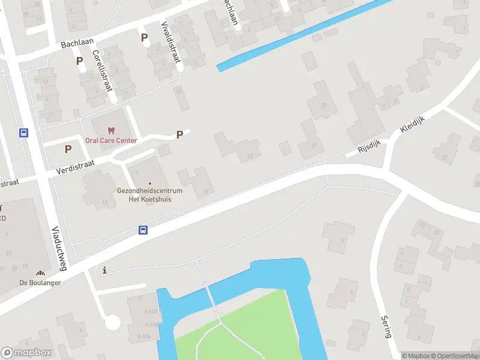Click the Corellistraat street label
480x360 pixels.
point(103,70)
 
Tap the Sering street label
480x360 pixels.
point(386,326)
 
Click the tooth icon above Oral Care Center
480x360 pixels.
point(110,130)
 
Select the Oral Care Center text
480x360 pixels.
point(111,140)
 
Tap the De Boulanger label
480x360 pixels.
point(40,283)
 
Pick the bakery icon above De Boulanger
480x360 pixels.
point(41,273)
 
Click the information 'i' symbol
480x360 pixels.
point(106,271)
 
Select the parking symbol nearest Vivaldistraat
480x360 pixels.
point(144,38)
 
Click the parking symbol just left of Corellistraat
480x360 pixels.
point(79,61)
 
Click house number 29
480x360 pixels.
point(324,106)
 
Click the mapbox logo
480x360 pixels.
point(26,353)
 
